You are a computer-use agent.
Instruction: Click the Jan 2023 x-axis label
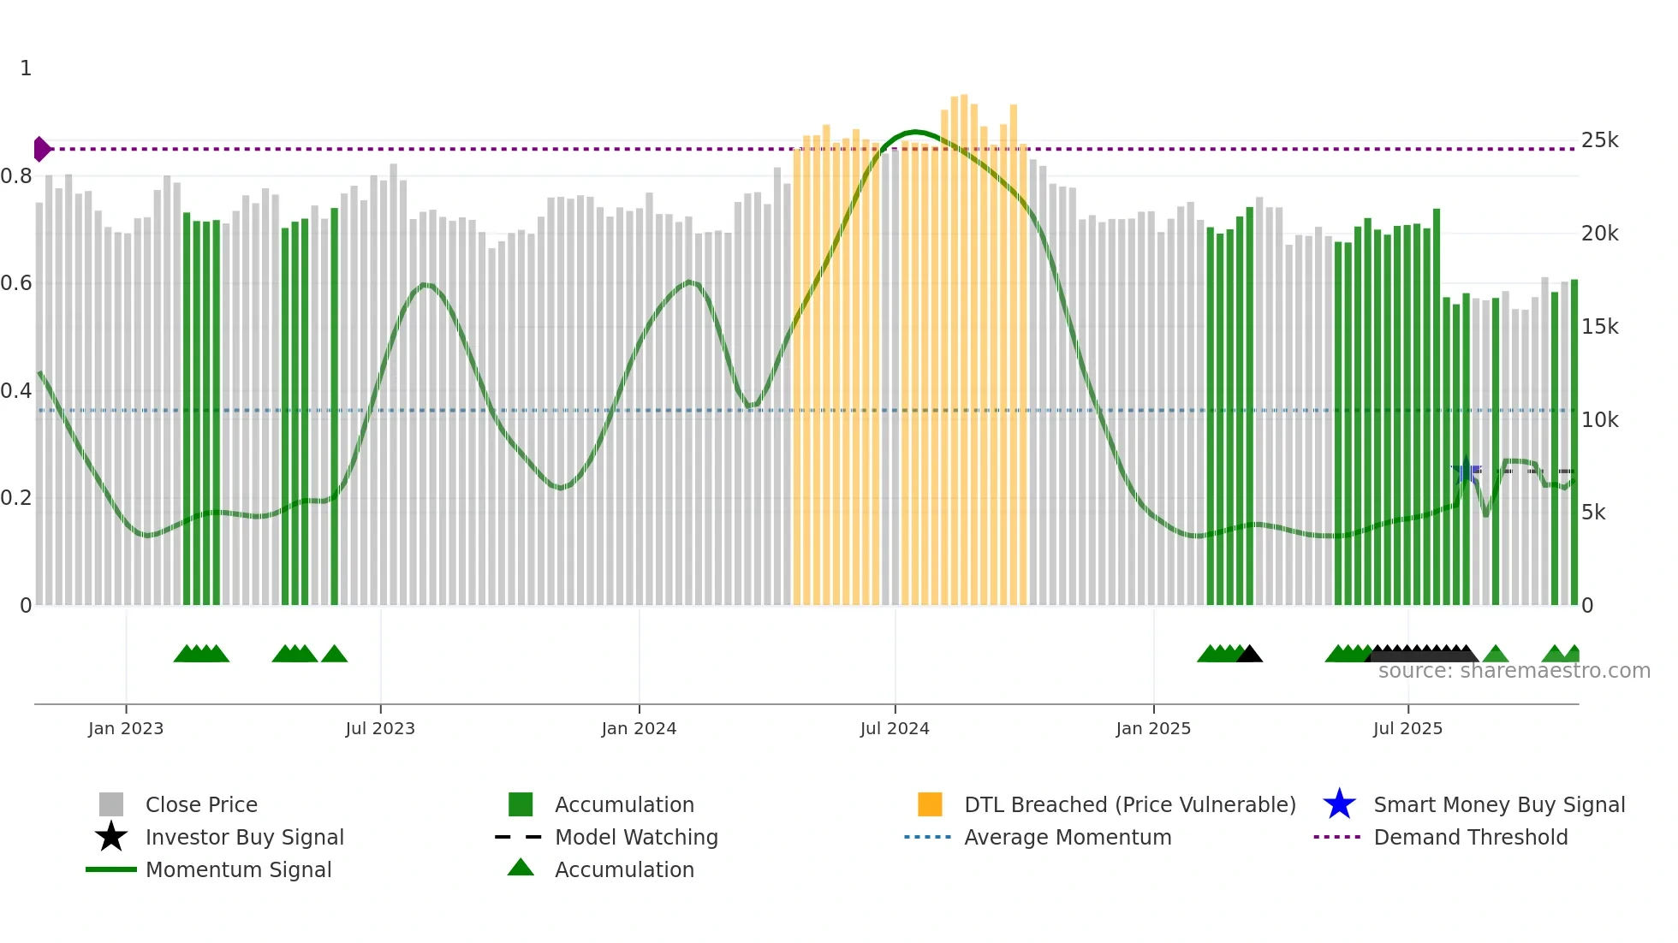click(x=126, y=728)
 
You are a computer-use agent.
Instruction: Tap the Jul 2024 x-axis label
click(x=895, y=728)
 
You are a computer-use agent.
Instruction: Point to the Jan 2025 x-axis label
click(x=1153, y=728)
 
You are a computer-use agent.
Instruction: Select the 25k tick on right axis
click(x=1599, y=140)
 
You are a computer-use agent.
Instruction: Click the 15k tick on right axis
click(x=1599, y=327)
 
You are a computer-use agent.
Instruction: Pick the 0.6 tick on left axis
click(x=16, y=283)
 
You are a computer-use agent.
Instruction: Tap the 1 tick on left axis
click(x=26, y=68)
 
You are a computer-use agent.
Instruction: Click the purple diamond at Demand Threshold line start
click(x=41, y=149)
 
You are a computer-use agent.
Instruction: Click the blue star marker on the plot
click(x=1466, y=470)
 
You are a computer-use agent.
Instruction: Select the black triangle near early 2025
click(x=1249, y=655)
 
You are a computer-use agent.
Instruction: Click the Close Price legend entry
click(x=201, y=804)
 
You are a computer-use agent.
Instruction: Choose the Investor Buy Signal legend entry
click(x=244, y=837)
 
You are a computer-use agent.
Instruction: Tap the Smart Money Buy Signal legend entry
click(x=1498, y=804)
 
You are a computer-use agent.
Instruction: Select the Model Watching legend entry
click(x=635, y=837)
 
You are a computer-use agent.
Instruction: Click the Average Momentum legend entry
click(x=1067, y=837)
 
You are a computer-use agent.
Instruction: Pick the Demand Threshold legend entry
click(x=1470, y=837)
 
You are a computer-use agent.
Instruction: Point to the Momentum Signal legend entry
click(x=238, y=869)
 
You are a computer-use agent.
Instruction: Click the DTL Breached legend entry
click(x=1129, y=804)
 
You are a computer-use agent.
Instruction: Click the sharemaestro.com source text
click(x=1514, y=671)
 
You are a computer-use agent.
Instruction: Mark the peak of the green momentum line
click(x=915, y=132)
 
